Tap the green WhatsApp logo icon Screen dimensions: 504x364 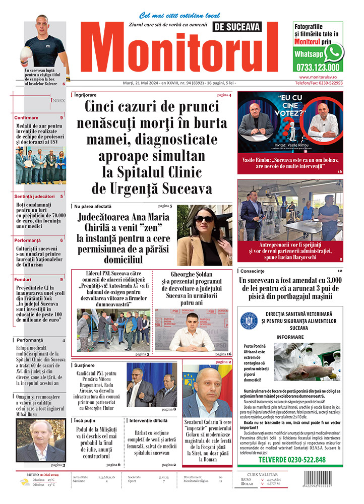tap(334, 52)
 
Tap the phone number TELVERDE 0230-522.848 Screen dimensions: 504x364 tap(292, 460)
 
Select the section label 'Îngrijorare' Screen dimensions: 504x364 tap(85, 95)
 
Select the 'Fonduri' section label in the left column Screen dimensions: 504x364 tap(24, 279)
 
